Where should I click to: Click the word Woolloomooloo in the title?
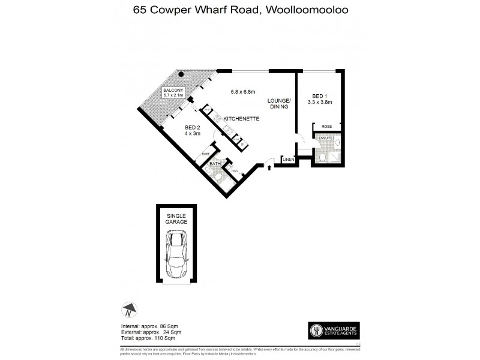point(314,10)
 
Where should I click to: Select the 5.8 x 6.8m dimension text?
point(243,92)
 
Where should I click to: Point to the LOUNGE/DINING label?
point(279,103)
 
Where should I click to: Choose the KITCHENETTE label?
point(241,119)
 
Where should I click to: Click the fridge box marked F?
point(241,145)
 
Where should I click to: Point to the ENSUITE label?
point(325,138)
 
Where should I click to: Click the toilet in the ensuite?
point(323,157)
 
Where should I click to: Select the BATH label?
point(215,164)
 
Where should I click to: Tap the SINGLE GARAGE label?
point(176,218)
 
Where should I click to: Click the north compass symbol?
point(128,311)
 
